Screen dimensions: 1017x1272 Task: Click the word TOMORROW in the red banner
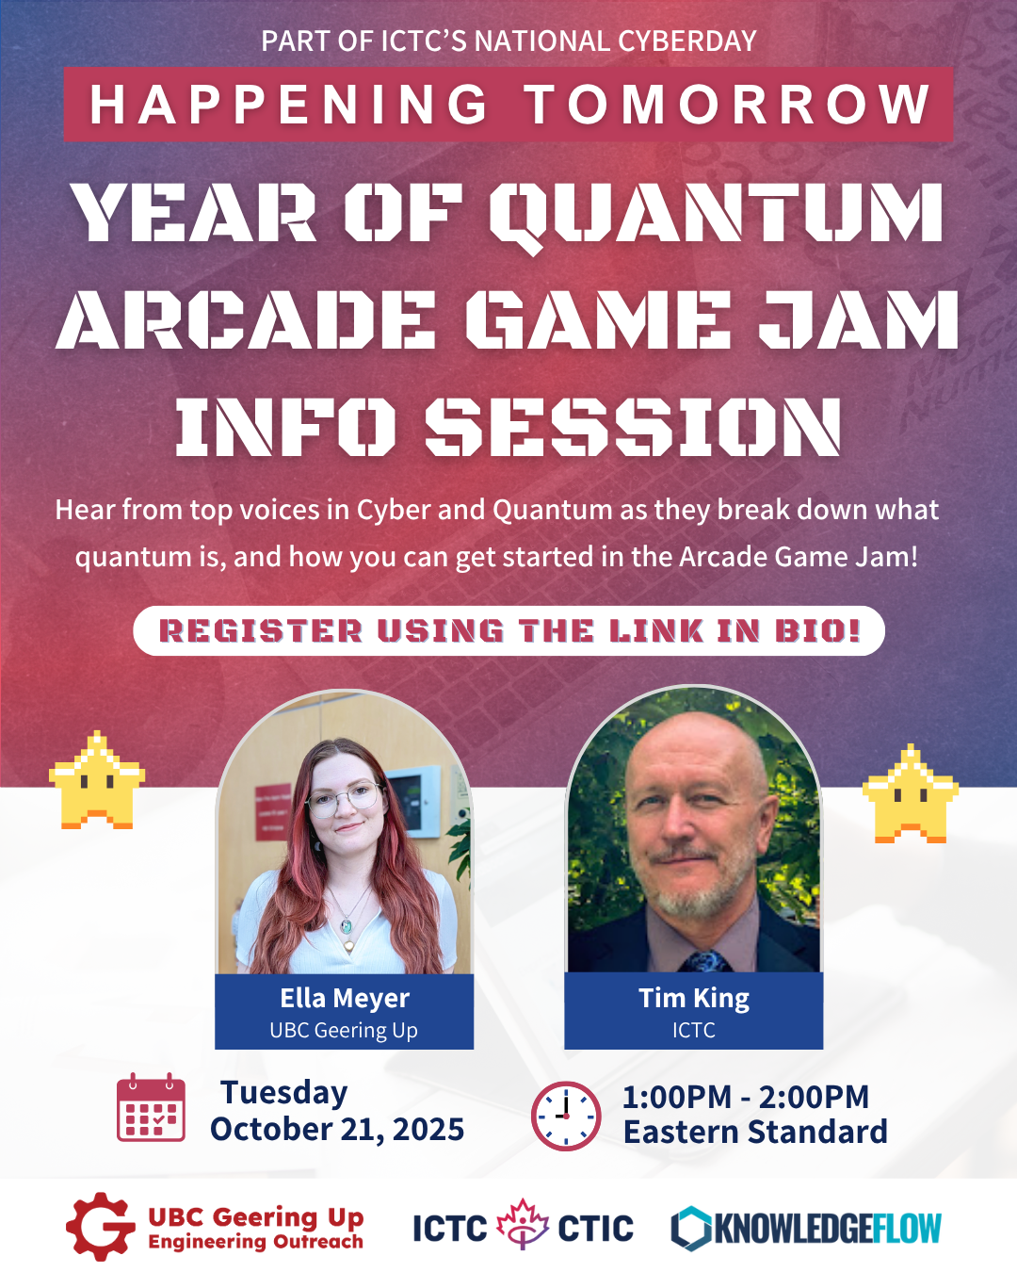728,104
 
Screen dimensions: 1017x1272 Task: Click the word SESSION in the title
632,426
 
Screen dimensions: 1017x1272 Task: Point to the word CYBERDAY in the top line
686,41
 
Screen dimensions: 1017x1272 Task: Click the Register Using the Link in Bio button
508,630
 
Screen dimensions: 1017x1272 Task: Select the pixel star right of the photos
910,793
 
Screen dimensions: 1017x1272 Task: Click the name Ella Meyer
345,999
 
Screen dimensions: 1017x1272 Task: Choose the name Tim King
694,999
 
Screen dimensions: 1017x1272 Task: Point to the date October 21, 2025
337,1130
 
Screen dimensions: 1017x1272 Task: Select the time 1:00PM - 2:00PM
745,1097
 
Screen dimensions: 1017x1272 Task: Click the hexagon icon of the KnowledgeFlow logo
692,1229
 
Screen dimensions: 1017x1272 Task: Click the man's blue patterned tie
705,961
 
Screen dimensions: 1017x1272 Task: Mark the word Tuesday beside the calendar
284,1093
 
